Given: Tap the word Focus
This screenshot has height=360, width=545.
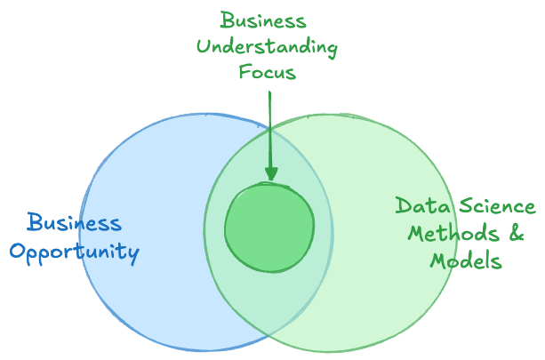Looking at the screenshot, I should click(268, 72).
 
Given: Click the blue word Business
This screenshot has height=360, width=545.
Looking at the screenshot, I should click(73, 222).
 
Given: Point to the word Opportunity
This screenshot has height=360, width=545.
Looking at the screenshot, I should click(75, 252).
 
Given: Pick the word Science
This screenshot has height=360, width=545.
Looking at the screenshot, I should click(495, 207).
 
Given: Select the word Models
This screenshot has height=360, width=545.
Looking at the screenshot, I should click(467, 261).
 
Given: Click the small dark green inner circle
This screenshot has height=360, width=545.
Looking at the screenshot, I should click(269, 227).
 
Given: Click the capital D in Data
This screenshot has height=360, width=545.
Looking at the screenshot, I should click(404, 207).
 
